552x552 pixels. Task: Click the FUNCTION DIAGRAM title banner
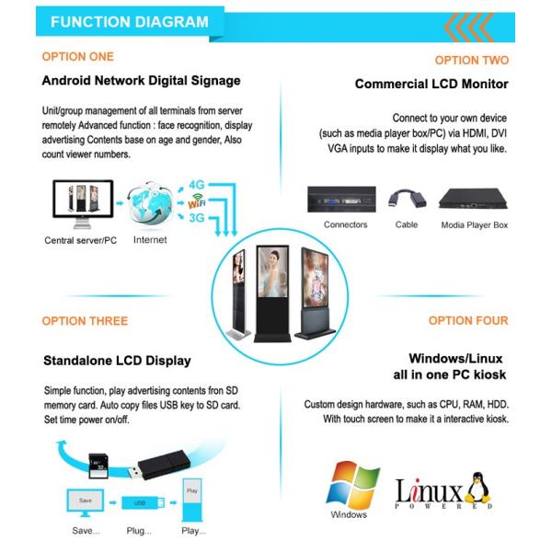tap(128, 22)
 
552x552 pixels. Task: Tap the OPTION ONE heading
tap(77, 56)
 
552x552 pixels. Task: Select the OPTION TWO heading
tap(471, 60)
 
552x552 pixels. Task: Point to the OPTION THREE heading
tap(85, 321)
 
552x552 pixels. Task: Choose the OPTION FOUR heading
tap(467, 321)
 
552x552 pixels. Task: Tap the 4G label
tap(198, 185)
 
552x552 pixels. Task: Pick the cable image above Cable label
tap(404, 200)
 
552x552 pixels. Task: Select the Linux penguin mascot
tap(475, 489)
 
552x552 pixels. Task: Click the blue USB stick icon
tap(142, 503)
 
